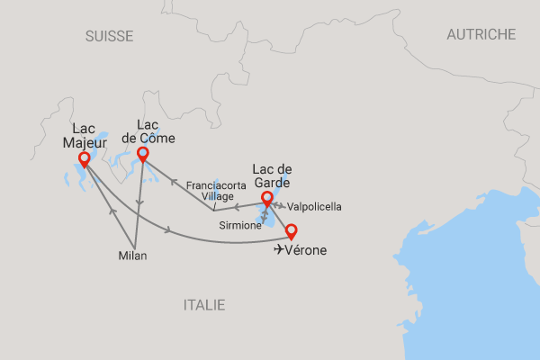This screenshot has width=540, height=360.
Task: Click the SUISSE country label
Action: (x=109, y=36)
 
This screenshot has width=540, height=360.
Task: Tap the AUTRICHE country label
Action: (x=481, y=34)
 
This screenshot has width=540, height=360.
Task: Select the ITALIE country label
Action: (x=204, y=305)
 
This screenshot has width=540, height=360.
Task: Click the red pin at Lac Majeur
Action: (x=84, y=159)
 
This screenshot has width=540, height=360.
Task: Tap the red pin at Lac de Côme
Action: (x=142, y=154)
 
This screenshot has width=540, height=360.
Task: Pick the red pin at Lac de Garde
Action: (x=266, y=198)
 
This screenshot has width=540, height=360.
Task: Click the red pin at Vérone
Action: (x=290, y=230)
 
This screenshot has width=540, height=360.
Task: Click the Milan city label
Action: (x=132, y=256)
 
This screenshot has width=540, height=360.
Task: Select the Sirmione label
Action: (x=240, y=226)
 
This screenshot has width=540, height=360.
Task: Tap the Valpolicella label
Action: (x=314, y=206)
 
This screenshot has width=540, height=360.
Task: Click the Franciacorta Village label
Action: (x=210, y=190)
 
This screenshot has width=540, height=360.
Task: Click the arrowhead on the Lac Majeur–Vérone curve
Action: (x=168, y=233)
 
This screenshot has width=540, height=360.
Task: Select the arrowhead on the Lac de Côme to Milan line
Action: (x=139, y=202)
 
